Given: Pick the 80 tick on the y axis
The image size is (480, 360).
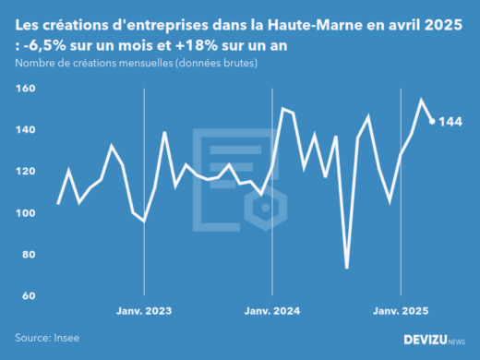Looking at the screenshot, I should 27,255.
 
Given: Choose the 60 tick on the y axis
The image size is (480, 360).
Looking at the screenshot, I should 27,296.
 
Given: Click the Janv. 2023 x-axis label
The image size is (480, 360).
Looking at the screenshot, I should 144,311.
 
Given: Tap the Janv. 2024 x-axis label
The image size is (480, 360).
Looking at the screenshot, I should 272,311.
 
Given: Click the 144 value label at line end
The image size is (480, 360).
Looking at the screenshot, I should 450,122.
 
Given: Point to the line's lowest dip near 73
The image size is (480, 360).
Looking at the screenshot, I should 347,269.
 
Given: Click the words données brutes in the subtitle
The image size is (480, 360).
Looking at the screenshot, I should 218,63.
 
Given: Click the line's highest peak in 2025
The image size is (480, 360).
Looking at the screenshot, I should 422,100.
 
